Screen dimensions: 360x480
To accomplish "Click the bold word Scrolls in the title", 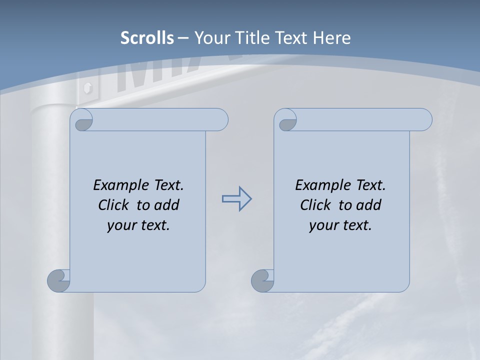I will coord(147,38).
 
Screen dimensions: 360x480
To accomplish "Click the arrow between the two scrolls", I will coord(236,199).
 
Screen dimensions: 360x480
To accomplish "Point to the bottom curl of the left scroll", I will coord(59,280).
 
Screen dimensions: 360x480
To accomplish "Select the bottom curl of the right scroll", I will coord(263,280).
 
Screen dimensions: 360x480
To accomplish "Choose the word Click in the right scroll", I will coord(315,205).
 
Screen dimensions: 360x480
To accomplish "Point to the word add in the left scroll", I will coord(167,205).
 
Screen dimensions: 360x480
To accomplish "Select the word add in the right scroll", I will coord(369,205).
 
